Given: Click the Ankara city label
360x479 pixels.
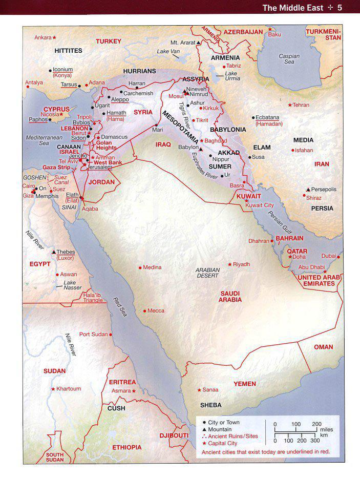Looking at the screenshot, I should [43, 37].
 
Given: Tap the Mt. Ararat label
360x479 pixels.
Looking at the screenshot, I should [182, 43].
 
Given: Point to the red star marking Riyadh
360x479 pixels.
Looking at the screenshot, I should [230, 264].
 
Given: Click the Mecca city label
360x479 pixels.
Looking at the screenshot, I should [156, 310].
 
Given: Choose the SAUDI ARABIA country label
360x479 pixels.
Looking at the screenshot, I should [230, 297].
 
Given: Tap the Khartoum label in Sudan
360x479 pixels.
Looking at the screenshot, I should [69, 389].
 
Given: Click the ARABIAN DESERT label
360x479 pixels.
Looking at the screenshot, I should [207, 273].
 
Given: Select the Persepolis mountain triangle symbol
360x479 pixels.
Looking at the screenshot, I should [308, 190].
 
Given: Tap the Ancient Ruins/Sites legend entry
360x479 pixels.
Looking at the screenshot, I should [232, 436].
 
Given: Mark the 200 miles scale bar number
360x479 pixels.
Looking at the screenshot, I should [317, 424].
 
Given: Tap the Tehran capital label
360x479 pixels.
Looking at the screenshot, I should [301, 105].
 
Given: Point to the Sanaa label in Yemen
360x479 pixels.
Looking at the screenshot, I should [210, 390].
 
